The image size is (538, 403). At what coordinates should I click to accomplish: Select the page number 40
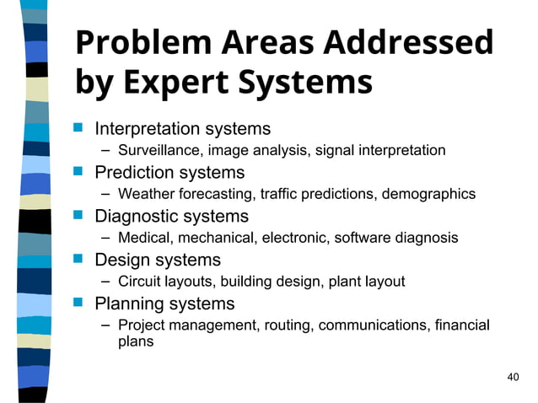514,376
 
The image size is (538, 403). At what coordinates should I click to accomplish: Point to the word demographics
429,195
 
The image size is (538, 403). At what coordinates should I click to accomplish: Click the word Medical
144,239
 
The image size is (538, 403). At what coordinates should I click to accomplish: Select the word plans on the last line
135,342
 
